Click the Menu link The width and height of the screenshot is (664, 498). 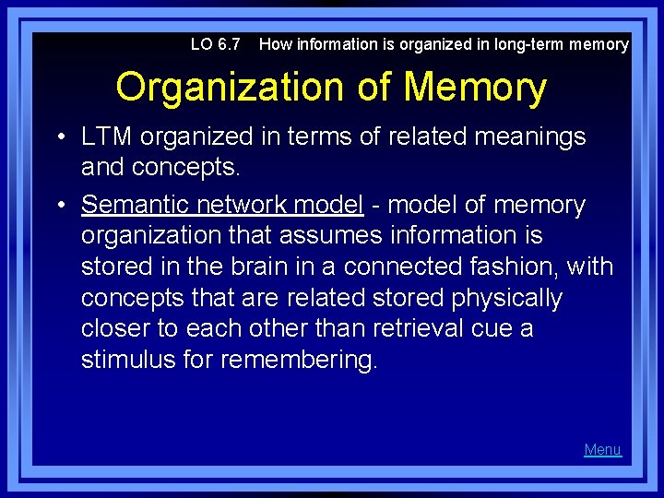(602, 449)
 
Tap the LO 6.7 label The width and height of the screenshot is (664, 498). (215, 43)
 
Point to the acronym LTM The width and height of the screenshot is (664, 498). (108, 137)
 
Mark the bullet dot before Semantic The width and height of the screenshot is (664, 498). (59, 205)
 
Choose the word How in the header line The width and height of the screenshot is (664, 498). (274, 43)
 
